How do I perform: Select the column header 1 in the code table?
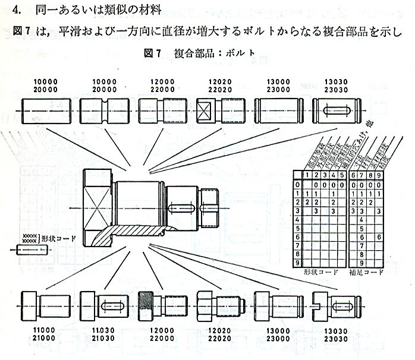[x=306, y=175]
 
